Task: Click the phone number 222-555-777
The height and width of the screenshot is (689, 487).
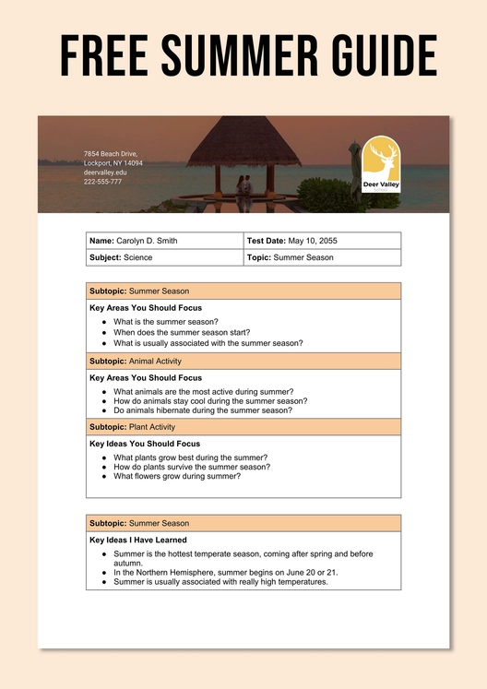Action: (102, 182)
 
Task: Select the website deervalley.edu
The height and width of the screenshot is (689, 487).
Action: (105, 172)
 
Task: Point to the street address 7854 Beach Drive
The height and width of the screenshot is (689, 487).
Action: (111, 153)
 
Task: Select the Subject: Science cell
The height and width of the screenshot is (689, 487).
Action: (121, 257)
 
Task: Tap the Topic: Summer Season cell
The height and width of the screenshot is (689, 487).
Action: (291, 257)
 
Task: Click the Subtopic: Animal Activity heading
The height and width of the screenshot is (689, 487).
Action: (136, 362)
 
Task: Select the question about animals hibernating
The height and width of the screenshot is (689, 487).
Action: (202, 410)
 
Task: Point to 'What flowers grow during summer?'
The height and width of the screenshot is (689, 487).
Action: (176, 477)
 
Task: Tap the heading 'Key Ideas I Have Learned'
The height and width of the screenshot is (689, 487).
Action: (138, 540)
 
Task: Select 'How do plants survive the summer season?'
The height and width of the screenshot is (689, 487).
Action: (191, 467)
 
